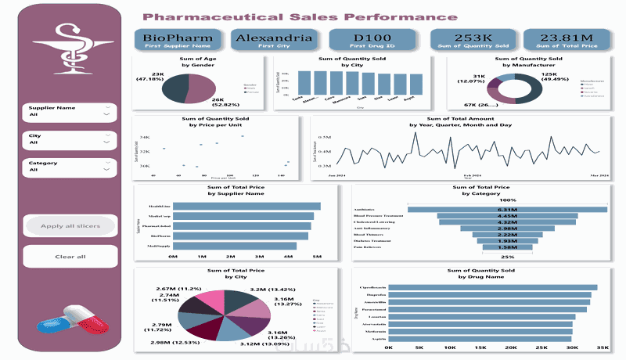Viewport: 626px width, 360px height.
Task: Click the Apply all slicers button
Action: [x=70, y=226]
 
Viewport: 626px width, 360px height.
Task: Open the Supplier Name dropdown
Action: [x=106, y=114]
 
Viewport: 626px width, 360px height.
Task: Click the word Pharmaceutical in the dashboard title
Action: [x=196, y=16]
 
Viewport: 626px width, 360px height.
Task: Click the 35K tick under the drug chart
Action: [x=602, y=347]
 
